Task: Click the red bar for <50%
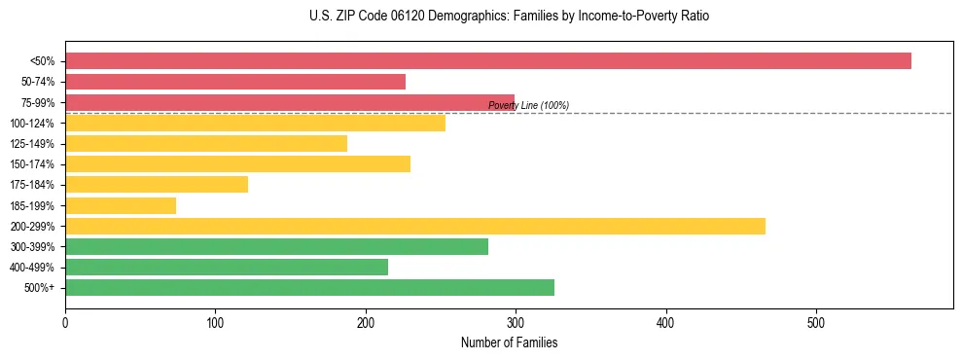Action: [487, 61]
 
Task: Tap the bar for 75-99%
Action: [290, 102]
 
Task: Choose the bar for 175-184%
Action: [157, 185]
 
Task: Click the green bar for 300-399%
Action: [276, 246]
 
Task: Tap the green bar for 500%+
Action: [309, 287]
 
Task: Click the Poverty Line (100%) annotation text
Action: [528, 105]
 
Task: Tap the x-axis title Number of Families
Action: [509, 342]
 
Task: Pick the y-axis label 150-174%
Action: [32, 164]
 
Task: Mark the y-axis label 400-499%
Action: [32, 268]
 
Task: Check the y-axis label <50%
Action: [43, 61]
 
